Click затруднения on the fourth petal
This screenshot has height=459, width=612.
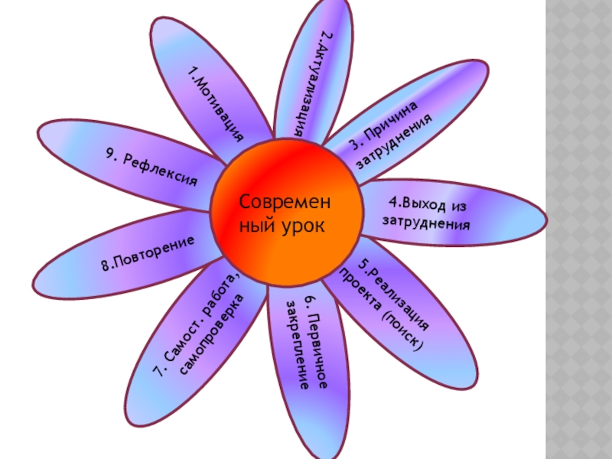point(426,224)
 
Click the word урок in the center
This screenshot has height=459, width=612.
point(302,226)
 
